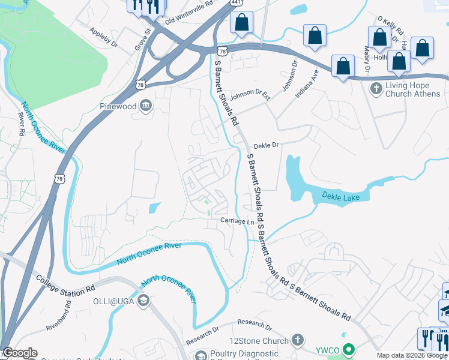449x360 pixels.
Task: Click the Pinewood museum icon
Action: [146, 107]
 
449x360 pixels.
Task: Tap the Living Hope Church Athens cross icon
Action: [376, 89]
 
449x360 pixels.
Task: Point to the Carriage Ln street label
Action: [237, 221]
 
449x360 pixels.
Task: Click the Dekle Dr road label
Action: [267, 145]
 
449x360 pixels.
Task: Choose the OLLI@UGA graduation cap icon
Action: [143, 301]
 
